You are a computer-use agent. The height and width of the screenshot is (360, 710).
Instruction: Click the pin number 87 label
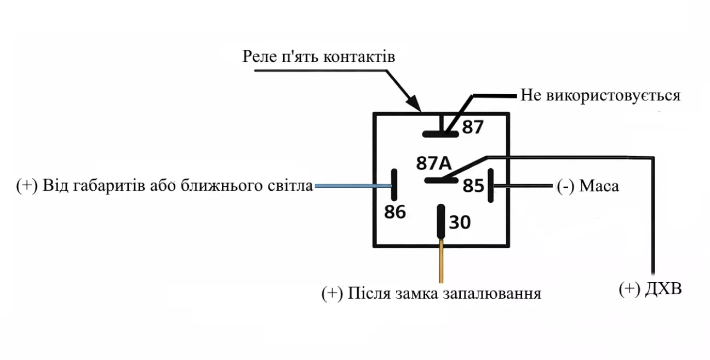click(473, 127)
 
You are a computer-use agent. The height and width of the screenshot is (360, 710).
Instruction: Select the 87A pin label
click(433, 163)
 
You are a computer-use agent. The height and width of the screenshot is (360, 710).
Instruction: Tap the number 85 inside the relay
click(474, 186)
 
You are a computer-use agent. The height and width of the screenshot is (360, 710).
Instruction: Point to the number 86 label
click(395, 212)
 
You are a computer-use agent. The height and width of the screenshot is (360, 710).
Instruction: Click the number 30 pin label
click(460, 222)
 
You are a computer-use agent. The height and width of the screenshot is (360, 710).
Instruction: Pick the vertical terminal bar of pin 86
click(393, 186)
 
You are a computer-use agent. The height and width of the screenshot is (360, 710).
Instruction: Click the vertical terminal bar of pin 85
click(491, 186)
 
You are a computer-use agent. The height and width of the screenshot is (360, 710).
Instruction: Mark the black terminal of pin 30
click(440, 222)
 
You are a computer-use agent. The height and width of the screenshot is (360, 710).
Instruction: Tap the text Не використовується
click(600, 96)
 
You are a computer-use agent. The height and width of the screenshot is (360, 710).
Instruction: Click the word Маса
click(599, 186)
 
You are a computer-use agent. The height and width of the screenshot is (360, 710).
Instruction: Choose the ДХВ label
click(665, 289)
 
